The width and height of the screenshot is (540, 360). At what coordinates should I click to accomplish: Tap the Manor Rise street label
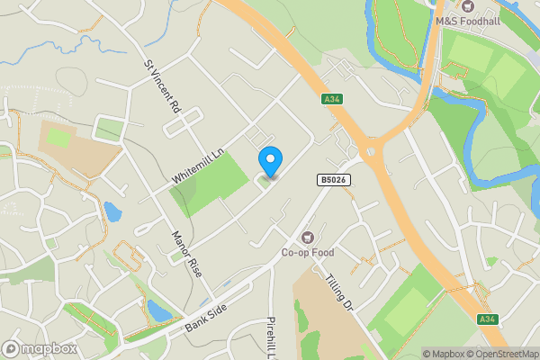click(x=184, y=253)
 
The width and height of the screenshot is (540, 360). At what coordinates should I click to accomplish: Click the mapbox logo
click(x=39, y=348)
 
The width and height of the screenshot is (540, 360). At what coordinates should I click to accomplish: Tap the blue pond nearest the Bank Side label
click(x=158, y=311)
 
